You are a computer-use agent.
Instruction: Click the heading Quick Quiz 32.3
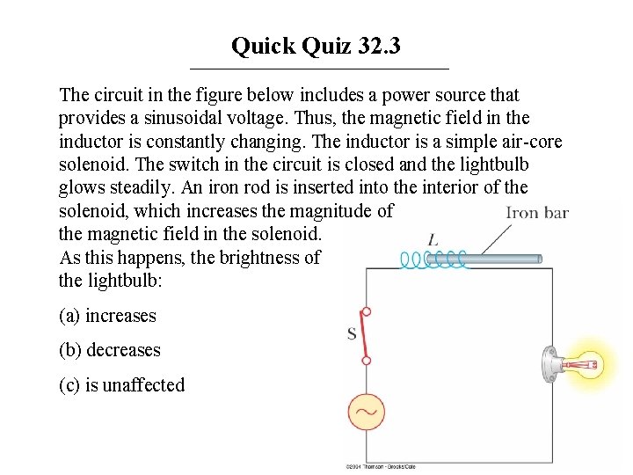pos(316,46)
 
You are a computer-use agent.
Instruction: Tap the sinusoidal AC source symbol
pos(365,410)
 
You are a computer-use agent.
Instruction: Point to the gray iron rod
pos(501,259)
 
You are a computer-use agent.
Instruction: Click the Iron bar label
pos(537,212)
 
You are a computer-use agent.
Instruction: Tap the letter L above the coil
pos(433,239)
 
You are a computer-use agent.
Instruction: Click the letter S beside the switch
pos(352,333)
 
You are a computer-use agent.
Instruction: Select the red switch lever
pos(360,334)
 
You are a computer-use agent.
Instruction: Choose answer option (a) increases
pos(107,316)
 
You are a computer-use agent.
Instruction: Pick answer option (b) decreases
pos(110,350)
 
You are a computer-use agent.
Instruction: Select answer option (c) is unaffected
pos(121,384)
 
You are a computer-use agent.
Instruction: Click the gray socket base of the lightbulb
pos(550,364)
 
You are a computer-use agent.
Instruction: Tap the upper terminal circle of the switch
pos(367,311)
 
